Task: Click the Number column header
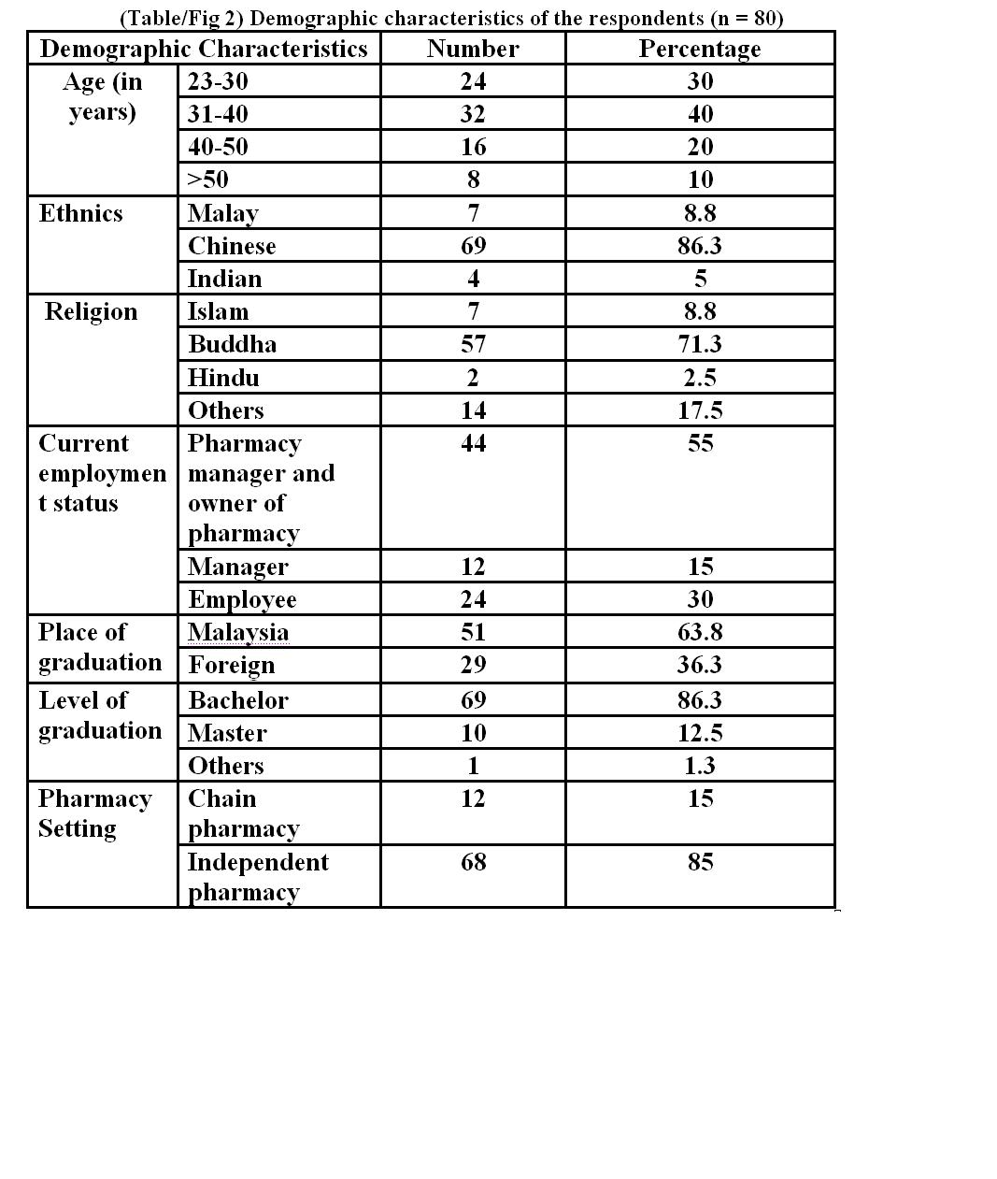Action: [473, 49]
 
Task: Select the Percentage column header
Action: [699, 49]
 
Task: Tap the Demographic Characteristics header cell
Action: [204, 49]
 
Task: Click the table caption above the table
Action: [451, 18]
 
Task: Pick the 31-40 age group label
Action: [218, 114]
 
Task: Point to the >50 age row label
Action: [207, 180]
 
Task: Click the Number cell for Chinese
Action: [473, 246]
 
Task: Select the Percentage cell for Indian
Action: [700, 279]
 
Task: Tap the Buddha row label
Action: [232, 344]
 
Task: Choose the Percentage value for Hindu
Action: [700, 378]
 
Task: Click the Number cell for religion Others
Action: [473, 410]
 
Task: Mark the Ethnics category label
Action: [81, 213]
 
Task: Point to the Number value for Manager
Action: [473, 567]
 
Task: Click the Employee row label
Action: [242, 599]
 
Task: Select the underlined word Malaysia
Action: [238, 632]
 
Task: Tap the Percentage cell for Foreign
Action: [700, 665]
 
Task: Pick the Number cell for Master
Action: [473, 733]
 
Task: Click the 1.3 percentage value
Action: [700, 766]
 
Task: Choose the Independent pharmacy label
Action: [257, 876]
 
